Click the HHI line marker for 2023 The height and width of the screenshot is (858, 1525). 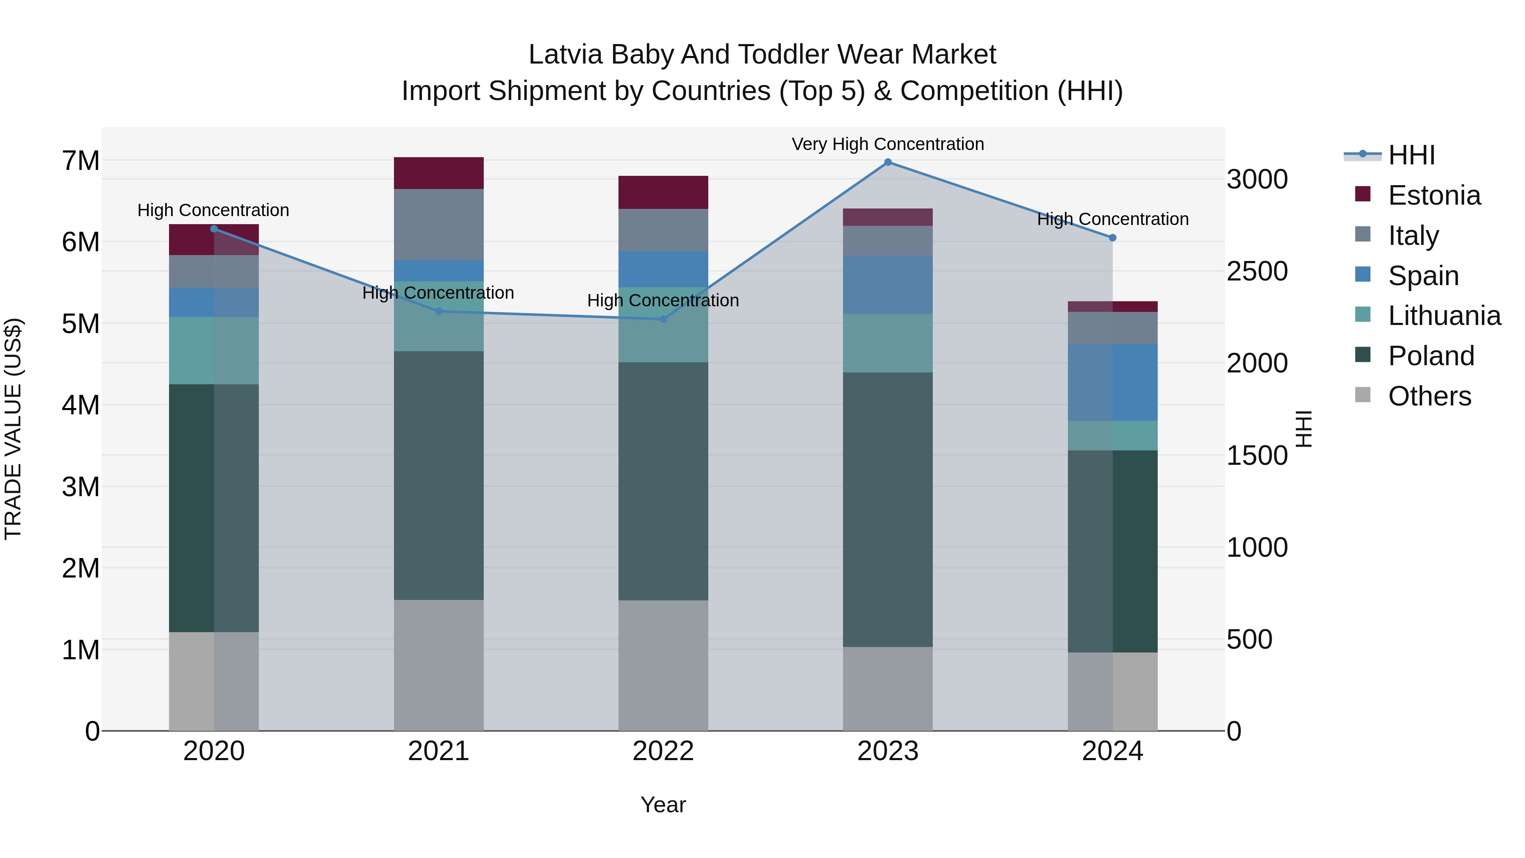click(x=887, y=162)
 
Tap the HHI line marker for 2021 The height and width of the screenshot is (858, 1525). click(x=439, y=311)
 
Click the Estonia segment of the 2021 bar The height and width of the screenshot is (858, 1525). click(x=439, y=173)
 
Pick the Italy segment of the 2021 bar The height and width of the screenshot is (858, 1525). click(x=439, y=225)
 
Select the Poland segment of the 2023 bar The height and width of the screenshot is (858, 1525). click(x=887, y=509)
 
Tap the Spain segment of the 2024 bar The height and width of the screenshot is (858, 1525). click(x=1112, y=383)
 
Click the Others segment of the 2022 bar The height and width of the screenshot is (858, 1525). click(x=663, y=666)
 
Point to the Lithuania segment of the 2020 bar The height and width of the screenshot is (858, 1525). click(x=214, y=350)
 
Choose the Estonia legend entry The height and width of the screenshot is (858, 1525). click(x=1434, y=195)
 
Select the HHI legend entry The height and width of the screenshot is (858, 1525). click(x=1411, y=155)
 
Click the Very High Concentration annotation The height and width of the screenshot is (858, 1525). click(x=887, y=144)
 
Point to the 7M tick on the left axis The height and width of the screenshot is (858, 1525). click(x=80, y=161)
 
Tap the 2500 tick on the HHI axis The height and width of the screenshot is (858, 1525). click(x=1257, y=272)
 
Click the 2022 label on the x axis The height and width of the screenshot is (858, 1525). click(x=663, y=751)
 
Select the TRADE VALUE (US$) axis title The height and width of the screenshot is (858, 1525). click(x=13, y=429)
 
